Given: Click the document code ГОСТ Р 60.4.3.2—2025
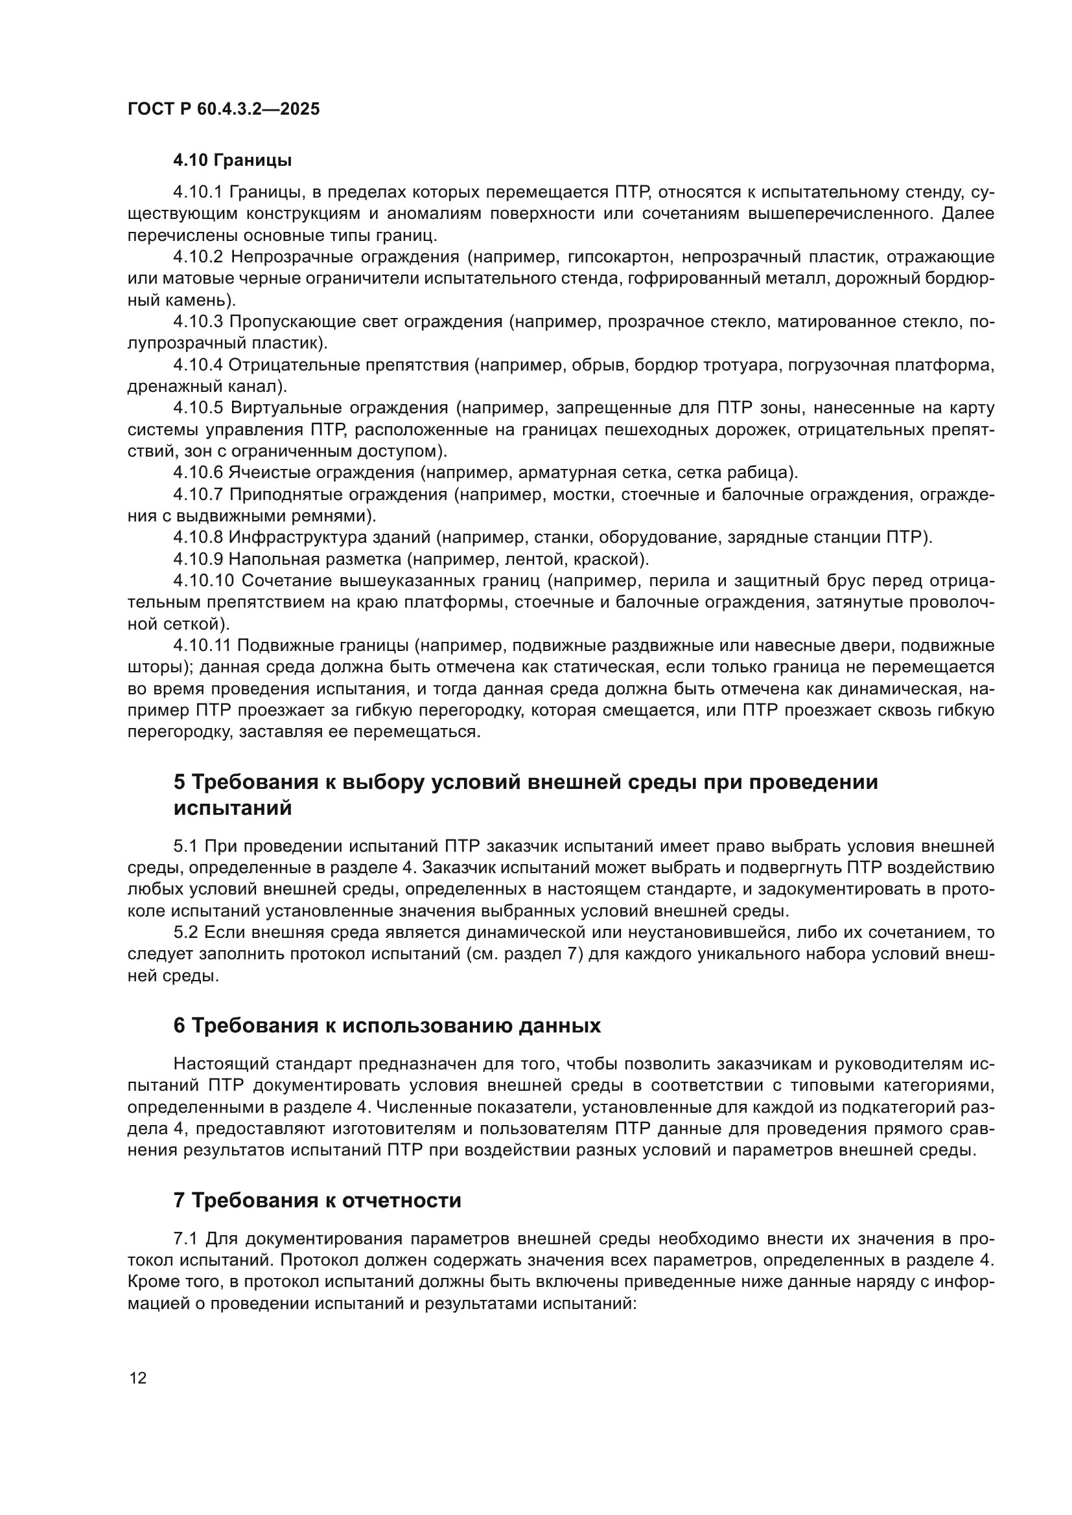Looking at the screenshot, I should point(223,109).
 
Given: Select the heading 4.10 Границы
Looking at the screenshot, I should point(233,161).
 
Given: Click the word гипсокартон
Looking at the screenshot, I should point(620,256).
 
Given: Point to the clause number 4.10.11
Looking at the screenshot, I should point(202,644).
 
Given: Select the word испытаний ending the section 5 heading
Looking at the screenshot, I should point(233,808).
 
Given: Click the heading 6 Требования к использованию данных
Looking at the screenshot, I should point(387,1025).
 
